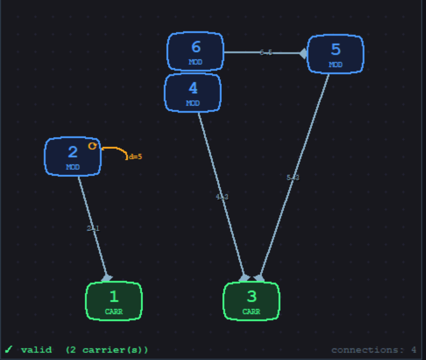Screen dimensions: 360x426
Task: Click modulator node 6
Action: (195, 51)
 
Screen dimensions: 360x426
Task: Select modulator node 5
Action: (336, 54)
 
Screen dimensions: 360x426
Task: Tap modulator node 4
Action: (193, 92)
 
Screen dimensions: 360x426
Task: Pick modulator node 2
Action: (73, 156)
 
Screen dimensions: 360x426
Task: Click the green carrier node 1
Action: (114, 300)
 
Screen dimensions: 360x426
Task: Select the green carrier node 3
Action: (252, 300)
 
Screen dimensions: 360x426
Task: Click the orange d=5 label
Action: (135, 157)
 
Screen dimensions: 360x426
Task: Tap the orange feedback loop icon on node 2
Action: (92, 146)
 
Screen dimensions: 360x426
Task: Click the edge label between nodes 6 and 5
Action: (266, 53)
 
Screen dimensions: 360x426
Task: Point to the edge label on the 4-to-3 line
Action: (222, 197)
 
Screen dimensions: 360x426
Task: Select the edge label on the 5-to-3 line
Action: (293, 177)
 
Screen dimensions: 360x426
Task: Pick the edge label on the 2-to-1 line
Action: (93, 229)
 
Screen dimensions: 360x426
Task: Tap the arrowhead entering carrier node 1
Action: (107, 278)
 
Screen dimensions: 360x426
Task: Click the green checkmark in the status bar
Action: (9, 349)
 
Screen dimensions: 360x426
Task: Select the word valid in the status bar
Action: (36, 350)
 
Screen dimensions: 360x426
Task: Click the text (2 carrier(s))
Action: (107, 350)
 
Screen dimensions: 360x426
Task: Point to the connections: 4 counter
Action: (373, 350)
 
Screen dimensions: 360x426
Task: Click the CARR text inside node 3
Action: (252, 312)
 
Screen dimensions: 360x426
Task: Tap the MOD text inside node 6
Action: (195, 62)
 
